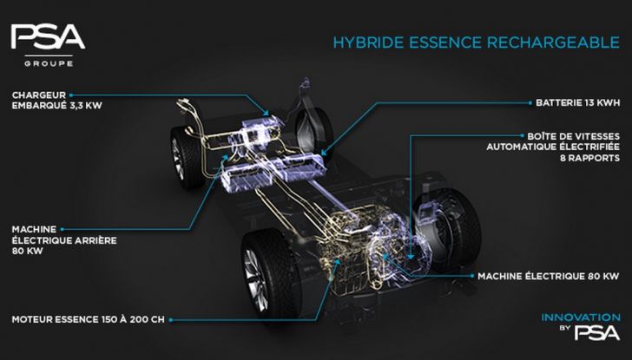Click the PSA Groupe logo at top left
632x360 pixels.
pyautogui.click(x=48, y=45)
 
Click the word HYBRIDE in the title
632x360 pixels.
pyautogui.click(x=367, y=43)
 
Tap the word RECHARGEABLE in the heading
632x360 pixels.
pyautogui.click(x=553, y=43)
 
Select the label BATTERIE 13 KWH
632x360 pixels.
pyautogui.click(x=577, y=102)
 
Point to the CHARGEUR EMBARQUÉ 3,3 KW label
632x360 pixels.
pyautogui.click(x=56, y=101)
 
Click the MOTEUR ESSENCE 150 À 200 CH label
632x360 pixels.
pyautogui.click(x=89, y=319)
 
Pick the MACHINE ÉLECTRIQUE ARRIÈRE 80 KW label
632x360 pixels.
pyautogui.click(x=64, y=240)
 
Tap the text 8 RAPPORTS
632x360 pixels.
pyautogui.click(x=589, y=158)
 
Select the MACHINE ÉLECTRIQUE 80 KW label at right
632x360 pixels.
pyautogui.click(x=549, y=276)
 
